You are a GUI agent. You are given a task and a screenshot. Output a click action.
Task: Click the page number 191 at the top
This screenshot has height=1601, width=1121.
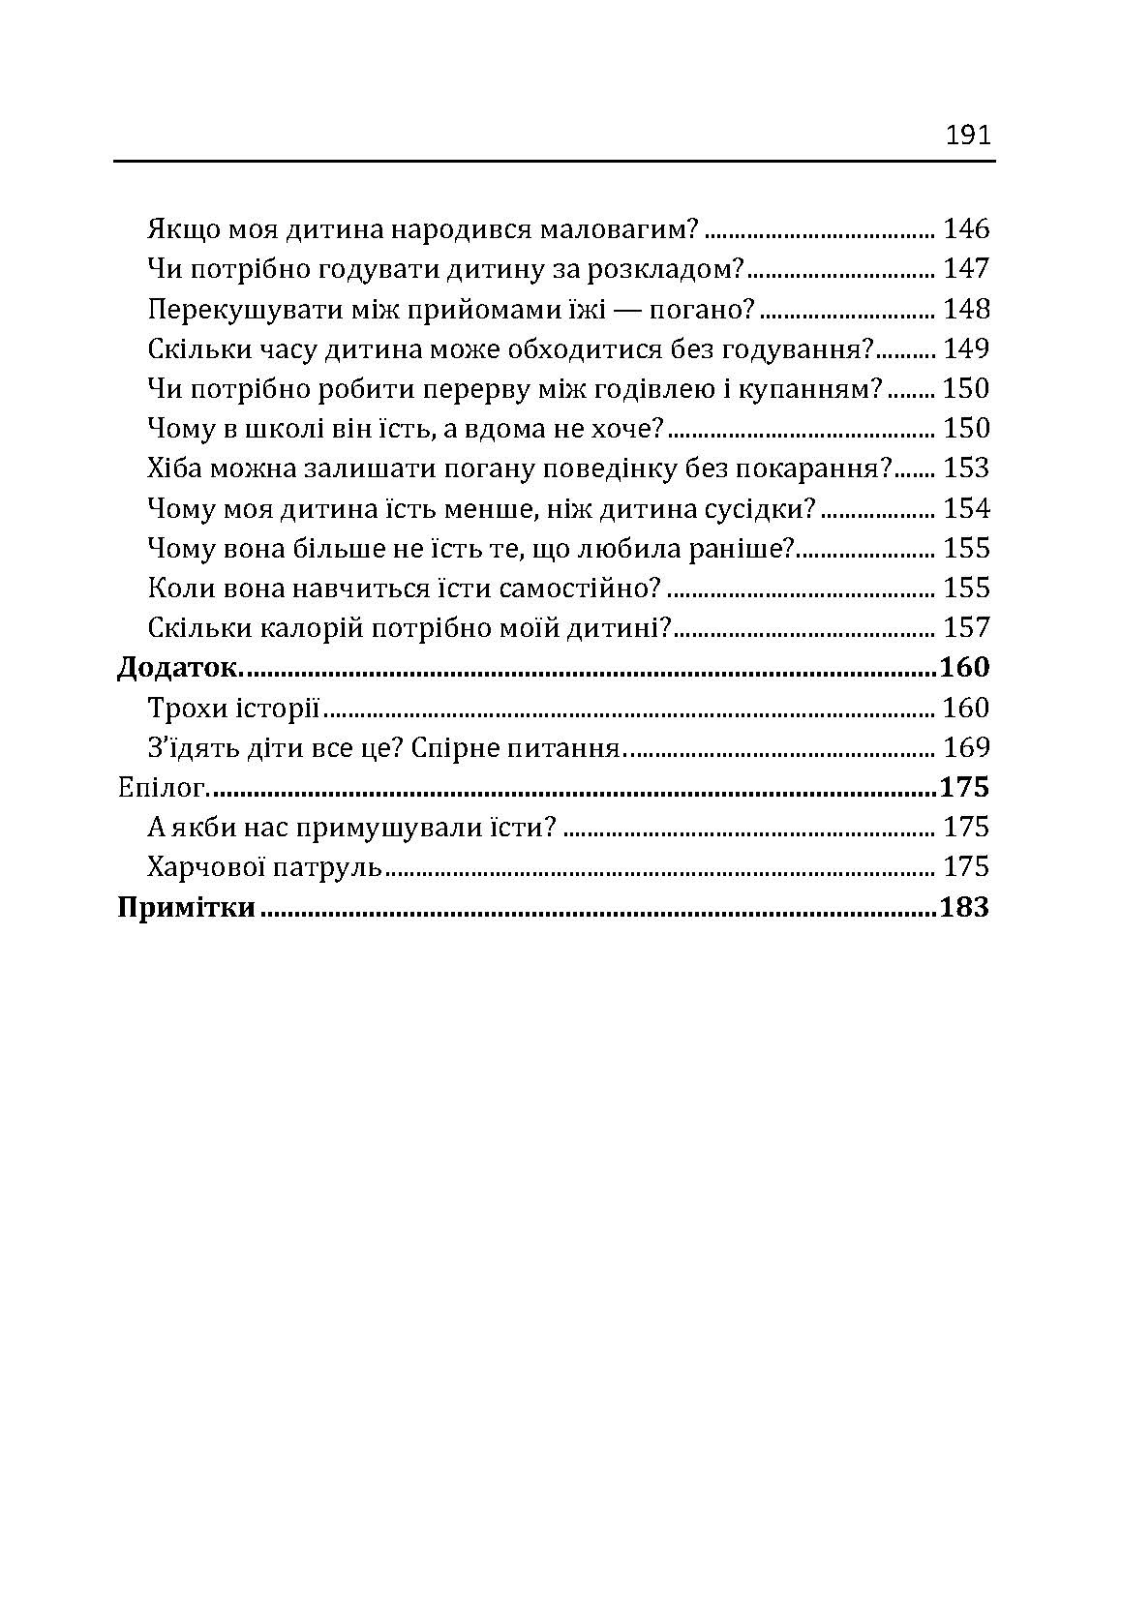[x=967, y=135]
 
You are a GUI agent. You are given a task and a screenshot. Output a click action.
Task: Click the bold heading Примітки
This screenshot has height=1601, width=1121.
[x=186, y=908]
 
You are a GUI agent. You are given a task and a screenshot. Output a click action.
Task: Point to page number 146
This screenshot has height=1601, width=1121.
[x=966, y=229]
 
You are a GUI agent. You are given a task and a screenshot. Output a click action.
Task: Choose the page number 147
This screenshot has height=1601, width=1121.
[x=966, y=269]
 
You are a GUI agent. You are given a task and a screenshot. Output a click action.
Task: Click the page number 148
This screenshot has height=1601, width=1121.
[x=966, y=309]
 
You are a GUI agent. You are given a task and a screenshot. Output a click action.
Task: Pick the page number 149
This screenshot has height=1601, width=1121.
[x=966, y=348]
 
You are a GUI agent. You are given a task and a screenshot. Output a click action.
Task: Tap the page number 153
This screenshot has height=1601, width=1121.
[x=966, y=468]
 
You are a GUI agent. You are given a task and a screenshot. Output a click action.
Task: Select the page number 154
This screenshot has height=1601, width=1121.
[x=966, y=508]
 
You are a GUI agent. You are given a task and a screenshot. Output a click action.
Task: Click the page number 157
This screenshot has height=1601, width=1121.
[x=966, y=628]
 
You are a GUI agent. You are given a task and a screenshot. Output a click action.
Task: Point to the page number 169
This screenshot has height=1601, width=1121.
[x=966, y=748]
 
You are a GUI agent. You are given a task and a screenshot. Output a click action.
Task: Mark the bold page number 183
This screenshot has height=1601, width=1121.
[x=964, y=908]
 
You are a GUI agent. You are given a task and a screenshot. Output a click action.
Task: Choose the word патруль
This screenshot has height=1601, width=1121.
[x=335, y=867]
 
